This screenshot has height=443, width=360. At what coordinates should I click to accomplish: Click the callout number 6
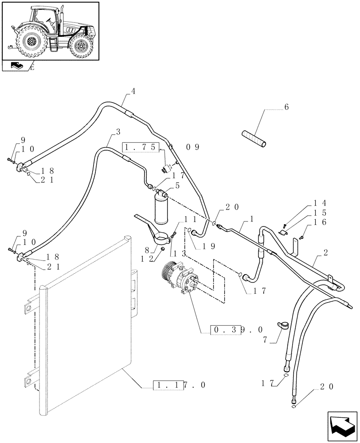point(286,108)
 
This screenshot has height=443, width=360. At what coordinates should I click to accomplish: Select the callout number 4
point(133,91)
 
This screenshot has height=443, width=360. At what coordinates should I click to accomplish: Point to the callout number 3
point(117,132)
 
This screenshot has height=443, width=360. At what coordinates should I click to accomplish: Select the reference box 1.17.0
point(179,385)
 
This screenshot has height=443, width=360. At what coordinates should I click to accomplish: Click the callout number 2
point(325,253)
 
